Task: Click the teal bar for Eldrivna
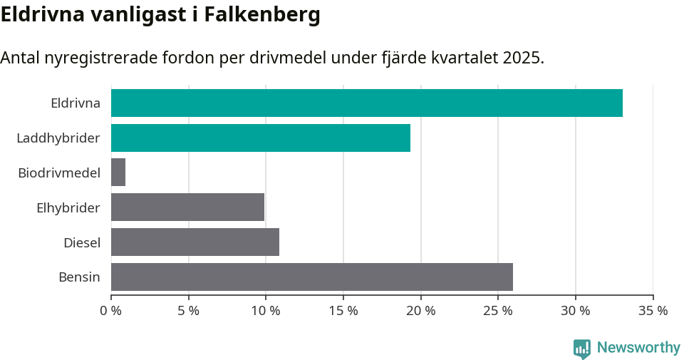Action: pyautogui.click(x=367, y=103)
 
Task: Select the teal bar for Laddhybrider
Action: pyautogui.click(x=261, y=138)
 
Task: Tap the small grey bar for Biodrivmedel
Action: pyautogui.click(x=118, y=173)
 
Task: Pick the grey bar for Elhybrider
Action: pyautogui.click(x=187, y=207)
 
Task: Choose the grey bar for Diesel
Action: pyautogui.click(x=195, y=242)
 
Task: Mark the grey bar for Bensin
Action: pyautogui.click(x=312, y=277)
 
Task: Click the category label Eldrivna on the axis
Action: pyautogui.click(x=76, y=103)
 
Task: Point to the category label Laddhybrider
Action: pyautogui.click(x=58, y=138)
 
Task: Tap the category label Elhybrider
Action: pyautogui.click(x=68, y=207)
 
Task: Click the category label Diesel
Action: pyautogui.click(x=82, y=242)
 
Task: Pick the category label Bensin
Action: pyautogui.click(x=79, y=277)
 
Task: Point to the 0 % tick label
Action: pyautogui.click(x=110, y=311)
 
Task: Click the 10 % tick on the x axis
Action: pyautogui.click(x=266, y=311)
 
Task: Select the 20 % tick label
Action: pyautogui.click(x=420, y=311)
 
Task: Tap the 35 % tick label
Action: pyautogui.click(x=653, y=311)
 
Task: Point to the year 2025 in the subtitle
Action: pyautogui.click(x=522, y=58)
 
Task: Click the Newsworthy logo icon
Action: pyautogui.click(x=582, y=348)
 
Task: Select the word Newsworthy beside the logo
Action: pyautogui.click(x=638, y=348)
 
